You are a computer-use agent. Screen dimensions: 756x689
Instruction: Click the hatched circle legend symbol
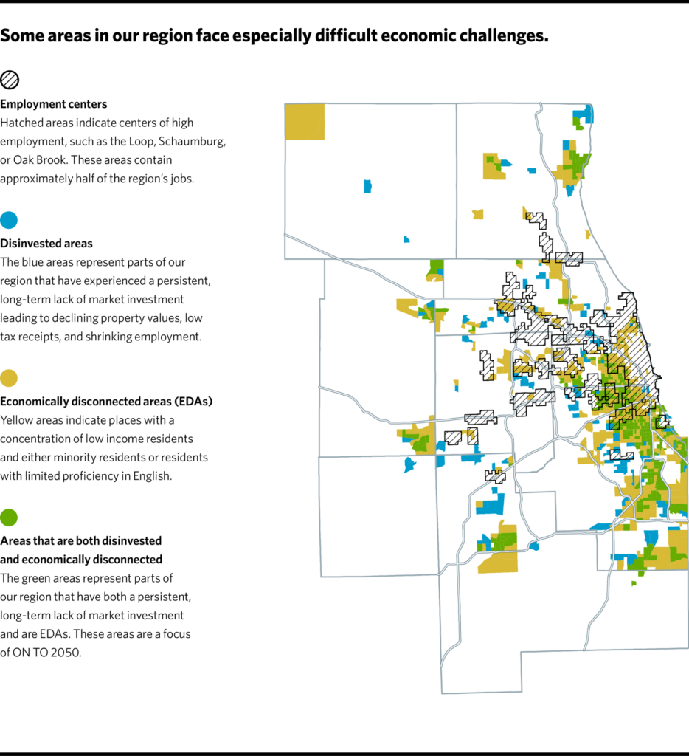[x=10, y=80]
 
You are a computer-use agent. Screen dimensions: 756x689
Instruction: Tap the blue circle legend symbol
[x=10, y=219]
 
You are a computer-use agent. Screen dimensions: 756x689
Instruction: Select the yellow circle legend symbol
[x=10, y=379]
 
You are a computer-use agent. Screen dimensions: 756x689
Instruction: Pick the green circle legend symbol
[x=10, y=518]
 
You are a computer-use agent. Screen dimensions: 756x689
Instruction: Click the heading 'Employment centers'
[x=53, y=104]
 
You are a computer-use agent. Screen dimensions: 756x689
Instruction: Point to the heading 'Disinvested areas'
[x=46, y=243]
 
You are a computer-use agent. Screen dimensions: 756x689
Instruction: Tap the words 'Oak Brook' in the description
[x=40, y=159]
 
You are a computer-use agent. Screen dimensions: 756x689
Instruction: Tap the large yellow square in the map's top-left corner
[x=305, y=121]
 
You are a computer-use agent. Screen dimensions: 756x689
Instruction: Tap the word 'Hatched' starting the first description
[x=21, y=123]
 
